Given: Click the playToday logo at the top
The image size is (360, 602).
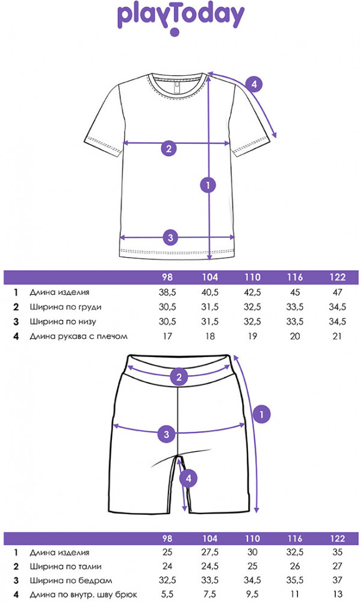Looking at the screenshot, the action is pos(181,19).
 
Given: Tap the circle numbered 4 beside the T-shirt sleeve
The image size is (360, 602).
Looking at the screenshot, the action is pos(254,84).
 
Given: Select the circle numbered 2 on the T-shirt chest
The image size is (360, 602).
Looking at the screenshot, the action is pos(169,148).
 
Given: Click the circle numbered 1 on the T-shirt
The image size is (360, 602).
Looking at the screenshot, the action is pos(208,185).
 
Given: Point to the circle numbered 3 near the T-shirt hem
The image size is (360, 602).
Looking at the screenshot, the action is pos(171,237).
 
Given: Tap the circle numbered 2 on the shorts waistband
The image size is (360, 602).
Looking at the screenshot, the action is pos(179,377).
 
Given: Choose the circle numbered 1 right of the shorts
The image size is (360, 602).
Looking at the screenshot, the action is pos(262,415).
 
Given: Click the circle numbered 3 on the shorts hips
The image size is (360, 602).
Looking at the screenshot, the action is pos(166,434).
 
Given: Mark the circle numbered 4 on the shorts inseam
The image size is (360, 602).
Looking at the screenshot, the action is pos(188,479).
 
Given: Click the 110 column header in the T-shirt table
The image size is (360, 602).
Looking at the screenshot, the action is pos(252,277).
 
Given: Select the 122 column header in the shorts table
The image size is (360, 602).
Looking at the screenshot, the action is pos(338,538).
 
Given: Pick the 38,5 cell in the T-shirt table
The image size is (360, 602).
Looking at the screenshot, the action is pos(167,292).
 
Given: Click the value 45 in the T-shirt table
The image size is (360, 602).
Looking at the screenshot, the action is pos(295,292).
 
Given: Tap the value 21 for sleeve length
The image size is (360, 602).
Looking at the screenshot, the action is pos(337,337).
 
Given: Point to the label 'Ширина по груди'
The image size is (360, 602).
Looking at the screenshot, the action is pos(66,307).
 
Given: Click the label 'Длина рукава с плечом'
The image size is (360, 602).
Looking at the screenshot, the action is pos(79,337).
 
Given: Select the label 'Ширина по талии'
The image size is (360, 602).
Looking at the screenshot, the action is pos(66,566).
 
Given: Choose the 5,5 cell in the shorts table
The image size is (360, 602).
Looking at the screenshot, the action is pos(167,594).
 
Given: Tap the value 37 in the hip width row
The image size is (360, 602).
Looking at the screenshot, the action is pos(337,580).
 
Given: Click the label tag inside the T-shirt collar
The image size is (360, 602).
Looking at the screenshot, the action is pos(177,87).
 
